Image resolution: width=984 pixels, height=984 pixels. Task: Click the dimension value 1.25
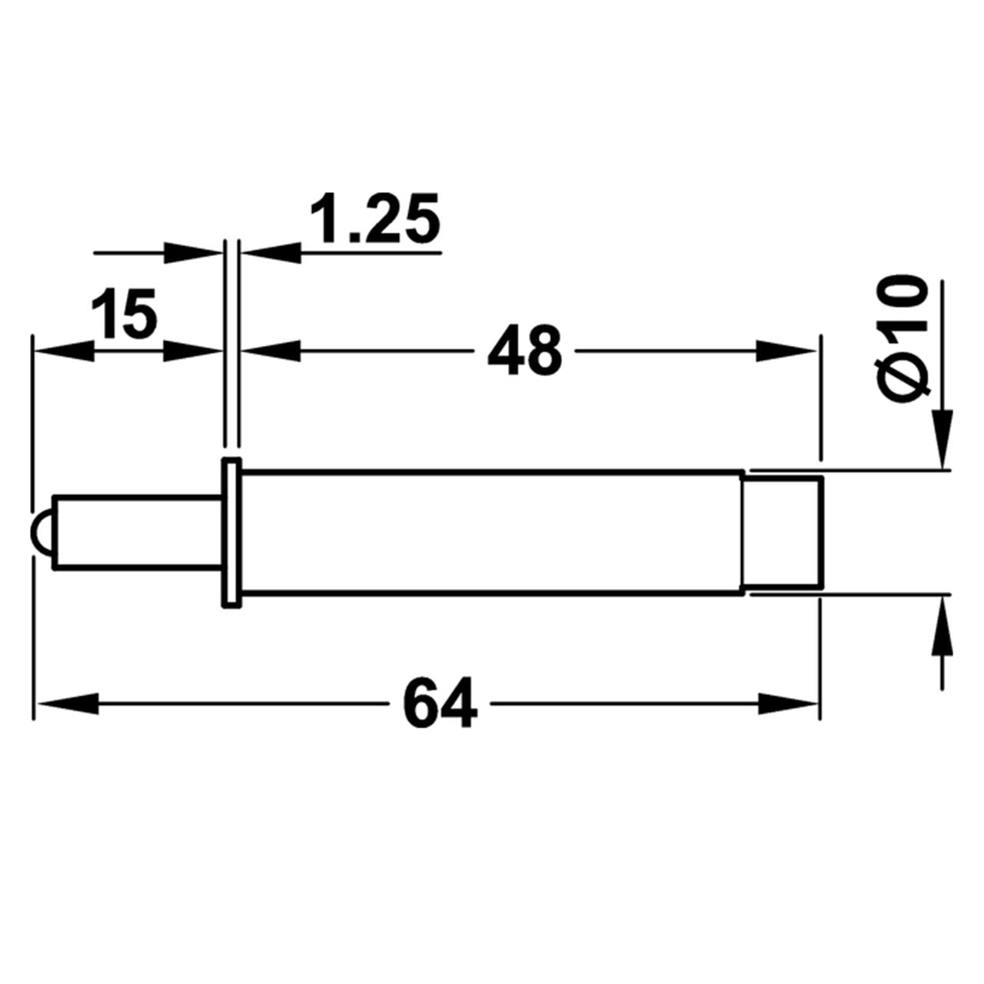point(375,218)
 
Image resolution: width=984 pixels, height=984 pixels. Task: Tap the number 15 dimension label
point(124,314)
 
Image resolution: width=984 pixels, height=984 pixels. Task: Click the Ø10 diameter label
point(901,339)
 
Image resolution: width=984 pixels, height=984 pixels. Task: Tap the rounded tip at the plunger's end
point(42,531)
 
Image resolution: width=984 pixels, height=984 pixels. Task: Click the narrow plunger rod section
point(138,531)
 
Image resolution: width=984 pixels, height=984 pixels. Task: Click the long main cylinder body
point(491,532)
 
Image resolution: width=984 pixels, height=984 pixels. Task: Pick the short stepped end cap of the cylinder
point(782,531)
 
